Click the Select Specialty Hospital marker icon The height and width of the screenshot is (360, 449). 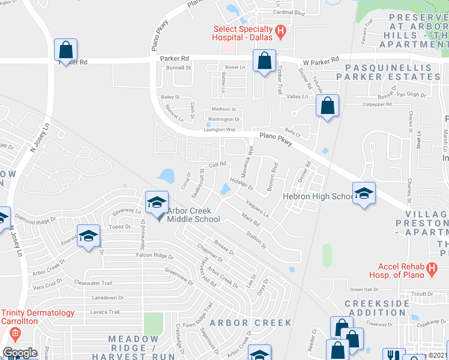[x=280, y=31]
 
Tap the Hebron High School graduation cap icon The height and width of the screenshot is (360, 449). [x=364, y=193]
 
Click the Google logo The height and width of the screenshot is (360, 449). [x=20, y=353]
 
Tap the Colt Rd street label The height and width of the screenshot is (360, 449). [x=217, y=164]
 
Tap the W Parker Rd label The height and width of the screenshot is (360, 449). [x=321, y=61]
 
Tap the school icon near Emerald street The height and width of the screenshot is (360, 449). [x=88, y=235]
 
